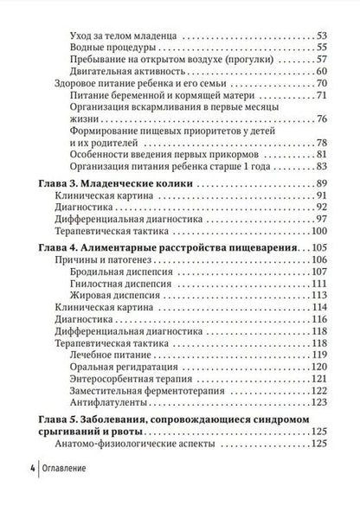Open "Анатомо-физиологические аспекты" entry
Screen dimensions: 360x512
pos(138,445)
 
